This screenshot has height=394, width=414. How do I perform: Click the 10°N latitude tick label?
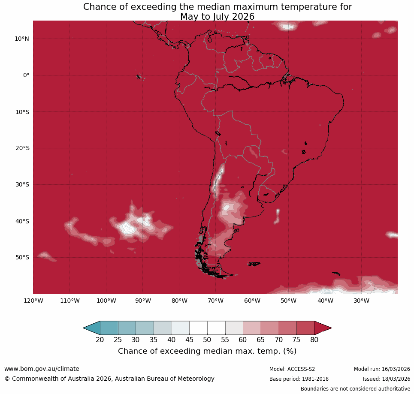[21, 39]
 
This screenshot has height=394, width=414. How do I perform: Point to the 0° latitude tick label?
[26, 75]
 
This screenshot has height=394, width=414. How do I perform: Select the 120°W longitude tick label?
[33, 301]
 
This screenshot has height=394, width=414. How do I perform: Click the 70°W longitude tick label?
[215, 301]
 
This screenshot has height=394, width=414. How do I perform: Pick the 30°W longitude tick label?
[361, 301]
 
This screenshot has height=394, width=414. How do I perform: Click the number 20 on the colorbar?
[100, 340]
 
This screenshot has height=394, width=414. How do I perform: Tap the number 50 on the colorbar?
[207, 340]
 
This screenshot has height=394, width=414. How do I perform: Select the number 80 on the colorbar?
[314, 340]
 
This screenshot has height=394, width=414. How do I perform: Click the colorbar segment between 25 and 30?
[127, 328]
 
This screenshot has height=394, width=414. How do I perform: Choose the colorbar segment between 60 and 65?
[252, 328]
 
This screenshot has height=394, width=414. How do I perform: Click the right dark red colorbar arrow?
[322, 328]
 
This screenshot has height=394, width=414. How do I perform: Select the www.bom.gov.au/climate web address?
[42, 369]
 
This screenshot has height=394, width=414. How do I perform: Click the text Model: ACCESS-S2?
[292, 369]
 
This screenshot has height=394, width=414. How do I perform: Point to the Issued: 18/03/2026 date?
[386, 379]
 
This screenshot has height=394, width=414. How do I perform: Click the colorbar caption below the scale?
[207, 351]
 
